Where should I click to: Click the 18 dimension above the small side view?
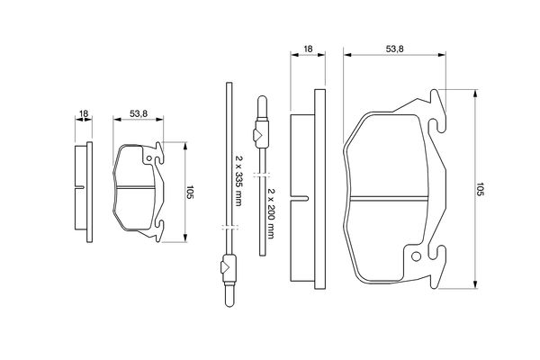tap(83, 114)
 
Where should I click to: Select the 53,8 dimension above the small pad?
tap(138, 114)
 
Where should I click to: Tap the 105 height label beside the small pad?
tap(190, 192)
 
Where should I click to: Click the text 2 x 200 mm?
tap(269, 205)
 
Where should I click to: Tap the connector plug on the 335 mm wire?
tap(228, 267)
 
